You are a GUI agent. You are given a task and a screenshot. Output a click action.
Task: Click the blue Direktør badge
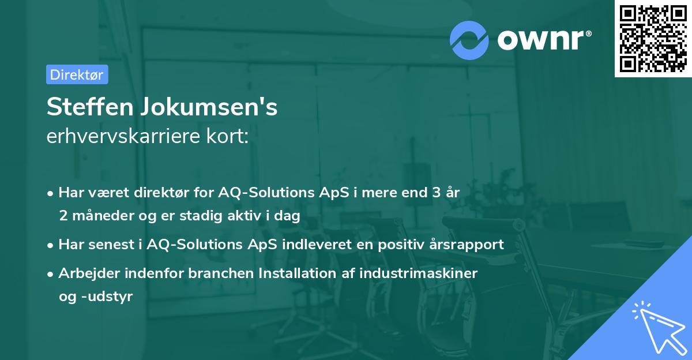click(x=77, y=74)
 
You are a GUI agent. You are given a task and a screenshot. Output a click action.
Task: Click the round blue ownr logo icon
click(x=469, y=40)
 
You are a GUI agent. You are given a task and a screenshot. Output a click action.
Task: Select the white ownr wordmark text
click(x=540, y=40)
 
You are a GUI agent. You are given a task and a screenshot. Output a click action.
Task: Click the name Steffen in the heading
click(x=90, y=107)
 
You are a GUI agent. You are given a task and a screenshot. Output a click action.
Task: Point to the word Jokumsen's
click(x=209, y=107)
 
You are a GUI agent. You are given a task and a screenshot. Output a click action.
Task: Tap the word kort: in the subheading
click(x=227, y=136)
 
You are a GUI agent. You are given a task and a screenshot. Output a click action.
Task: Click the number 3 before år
click(x=436, y=192)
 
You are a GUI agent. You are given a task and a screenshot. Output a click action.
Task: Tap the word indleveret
click(x=317, y=244)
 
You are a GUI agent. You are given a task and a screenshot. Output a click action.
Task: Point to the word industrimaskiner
click(x=418, y=273)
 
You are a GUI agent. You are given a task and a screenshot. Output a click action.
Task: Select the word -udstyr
click(x=107, y=297)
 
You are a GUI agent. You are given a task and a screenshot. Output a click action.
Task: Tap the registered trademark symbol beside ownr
click(x=588, y=33)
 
